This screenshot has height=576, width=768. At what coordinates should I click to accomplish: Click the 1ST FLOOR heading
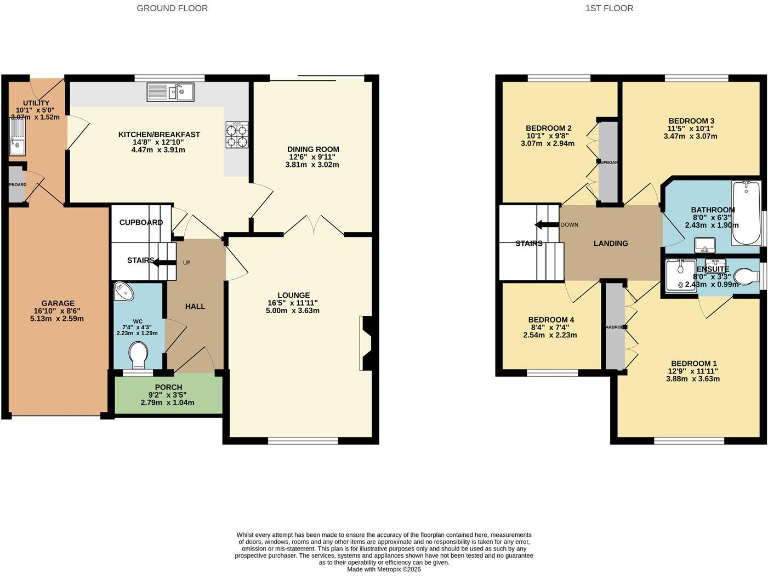(x=609, y=8)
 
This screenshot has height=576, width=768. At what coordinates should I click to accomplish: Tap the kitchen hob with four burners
(x=238, y=134)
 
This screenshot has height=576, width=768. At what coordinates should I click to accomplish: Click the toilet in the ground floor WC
(x=139, y=353)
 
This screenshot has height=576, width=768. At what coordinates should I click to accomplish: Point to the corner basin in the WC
(x=125, y=291)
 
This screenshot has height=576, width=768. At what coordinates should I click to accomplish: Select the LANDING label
(x=610, y=243)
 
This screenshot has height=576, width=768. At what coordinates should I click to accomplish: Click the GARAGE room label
(x=58, y=303)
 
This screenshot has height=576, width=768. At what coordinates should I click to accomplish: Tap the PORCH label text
(x=168, y=387)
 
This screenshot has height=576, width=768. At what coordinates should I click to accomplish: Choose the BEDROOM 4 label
(x=551, y=320)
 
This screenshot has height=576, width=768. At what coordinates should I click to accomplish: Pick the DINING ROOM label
(x=314, y=149)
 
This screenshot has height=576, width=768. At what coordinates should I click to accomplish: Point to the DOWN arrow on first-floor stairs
(x=545, y=225)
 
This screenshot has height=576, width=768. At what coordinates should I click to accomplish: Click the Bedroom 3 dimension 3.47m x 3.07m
(x=690, y=136)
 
